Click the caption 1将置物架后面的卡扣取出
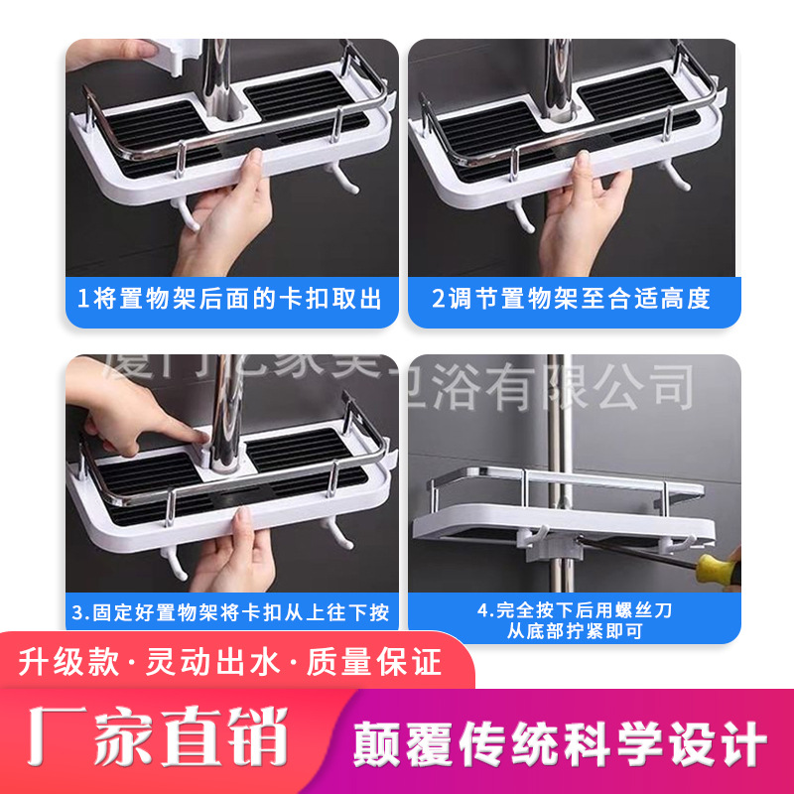[230, 299]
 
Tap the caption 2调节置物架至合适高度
[573, 299]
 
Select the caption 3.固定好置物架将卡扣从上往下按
[230, 610]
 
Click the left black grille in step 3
[149, 476]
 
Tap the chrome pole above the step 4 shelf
[557, 417]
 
